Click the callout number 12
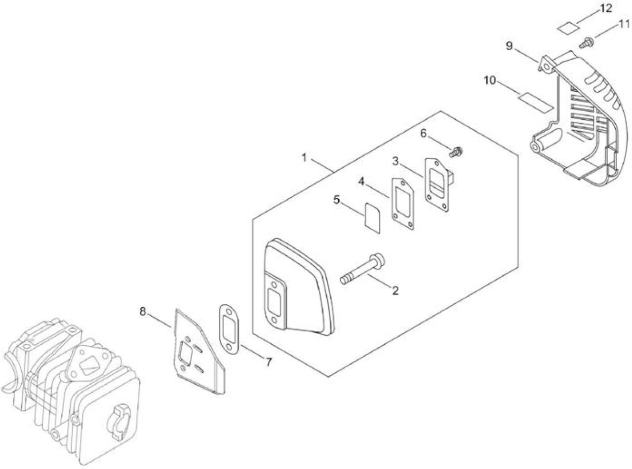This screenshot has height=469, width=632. pyautogui.click(x=605, y=8)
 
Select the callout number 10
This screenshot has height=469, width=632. pyautogui.click(x=490, y=81)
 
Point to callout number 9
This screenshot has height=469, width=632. pyautogui.click(x=509, y=46)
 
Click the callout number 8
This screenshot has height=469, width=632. pyautogui.click(x=143, y=312)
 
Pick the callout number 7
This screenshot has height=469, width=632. pyautogui.click(x=269, y=362)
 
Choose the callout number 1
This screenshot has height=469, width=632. pyautogui.click(x=304, y=157)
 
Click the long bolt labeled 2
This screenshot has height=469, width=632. pyautogui.click(x=362, y=268)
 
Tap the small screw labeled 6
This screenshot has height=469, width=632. pyautogui.click(x=456, y=152)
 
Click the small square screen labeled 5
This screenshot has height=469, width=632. pyautogui.click(x=372, y=218)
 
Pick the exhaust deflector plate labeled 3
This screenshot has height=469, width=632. pyautogui.click(x=439, y=185)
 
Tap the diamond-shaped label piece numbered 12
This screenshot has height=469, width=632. pyautogui.click(x=568, y=29)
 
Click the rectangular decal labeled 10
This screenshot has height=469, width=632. pyautogui.click(x=535, y=102)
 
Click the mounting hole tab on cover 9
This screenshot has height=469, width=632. pyautogui.click(x=546, y=67)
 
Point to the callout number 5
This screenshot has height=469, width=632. pyautogui.click(x=337, y=200)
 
